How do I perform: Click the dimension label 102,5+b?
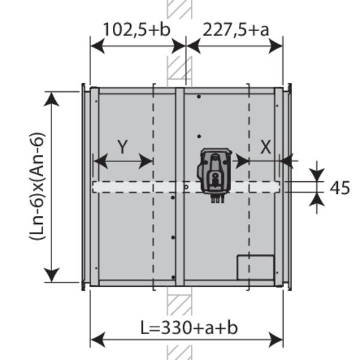tap(137, 29)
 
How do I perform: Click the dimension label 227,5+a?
tap(236, 29)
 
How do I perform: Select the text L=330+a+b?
tap(189, 328)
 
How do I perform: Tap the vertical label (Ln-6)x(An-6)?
tap(37, 186)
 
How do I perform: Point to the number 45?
tap(340, 188)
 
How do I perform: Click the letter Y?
tap(122, 147)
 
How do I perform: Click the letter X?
tap(266, 147)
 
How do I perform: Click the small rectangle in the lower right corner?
tap(256, 267)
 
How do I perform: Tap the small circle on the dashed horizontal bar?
tap(186, 187)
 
